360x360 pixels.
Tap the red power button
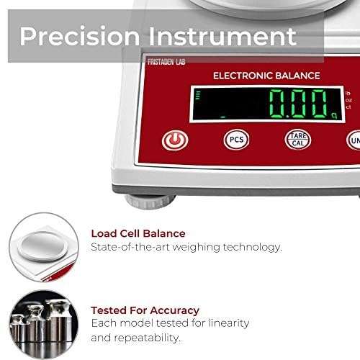[x=175, y=140]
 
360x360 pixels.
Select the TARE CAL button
[x=298, y=139]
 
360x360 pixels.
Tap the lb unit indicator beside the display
[x=348, y=92]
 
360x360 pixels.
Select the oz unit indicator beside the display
[x=348, y=99]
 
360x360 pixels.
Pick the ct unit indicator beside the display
[x=348, y=107]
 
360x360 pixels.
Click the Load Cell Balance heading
[x=138, y=233]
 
